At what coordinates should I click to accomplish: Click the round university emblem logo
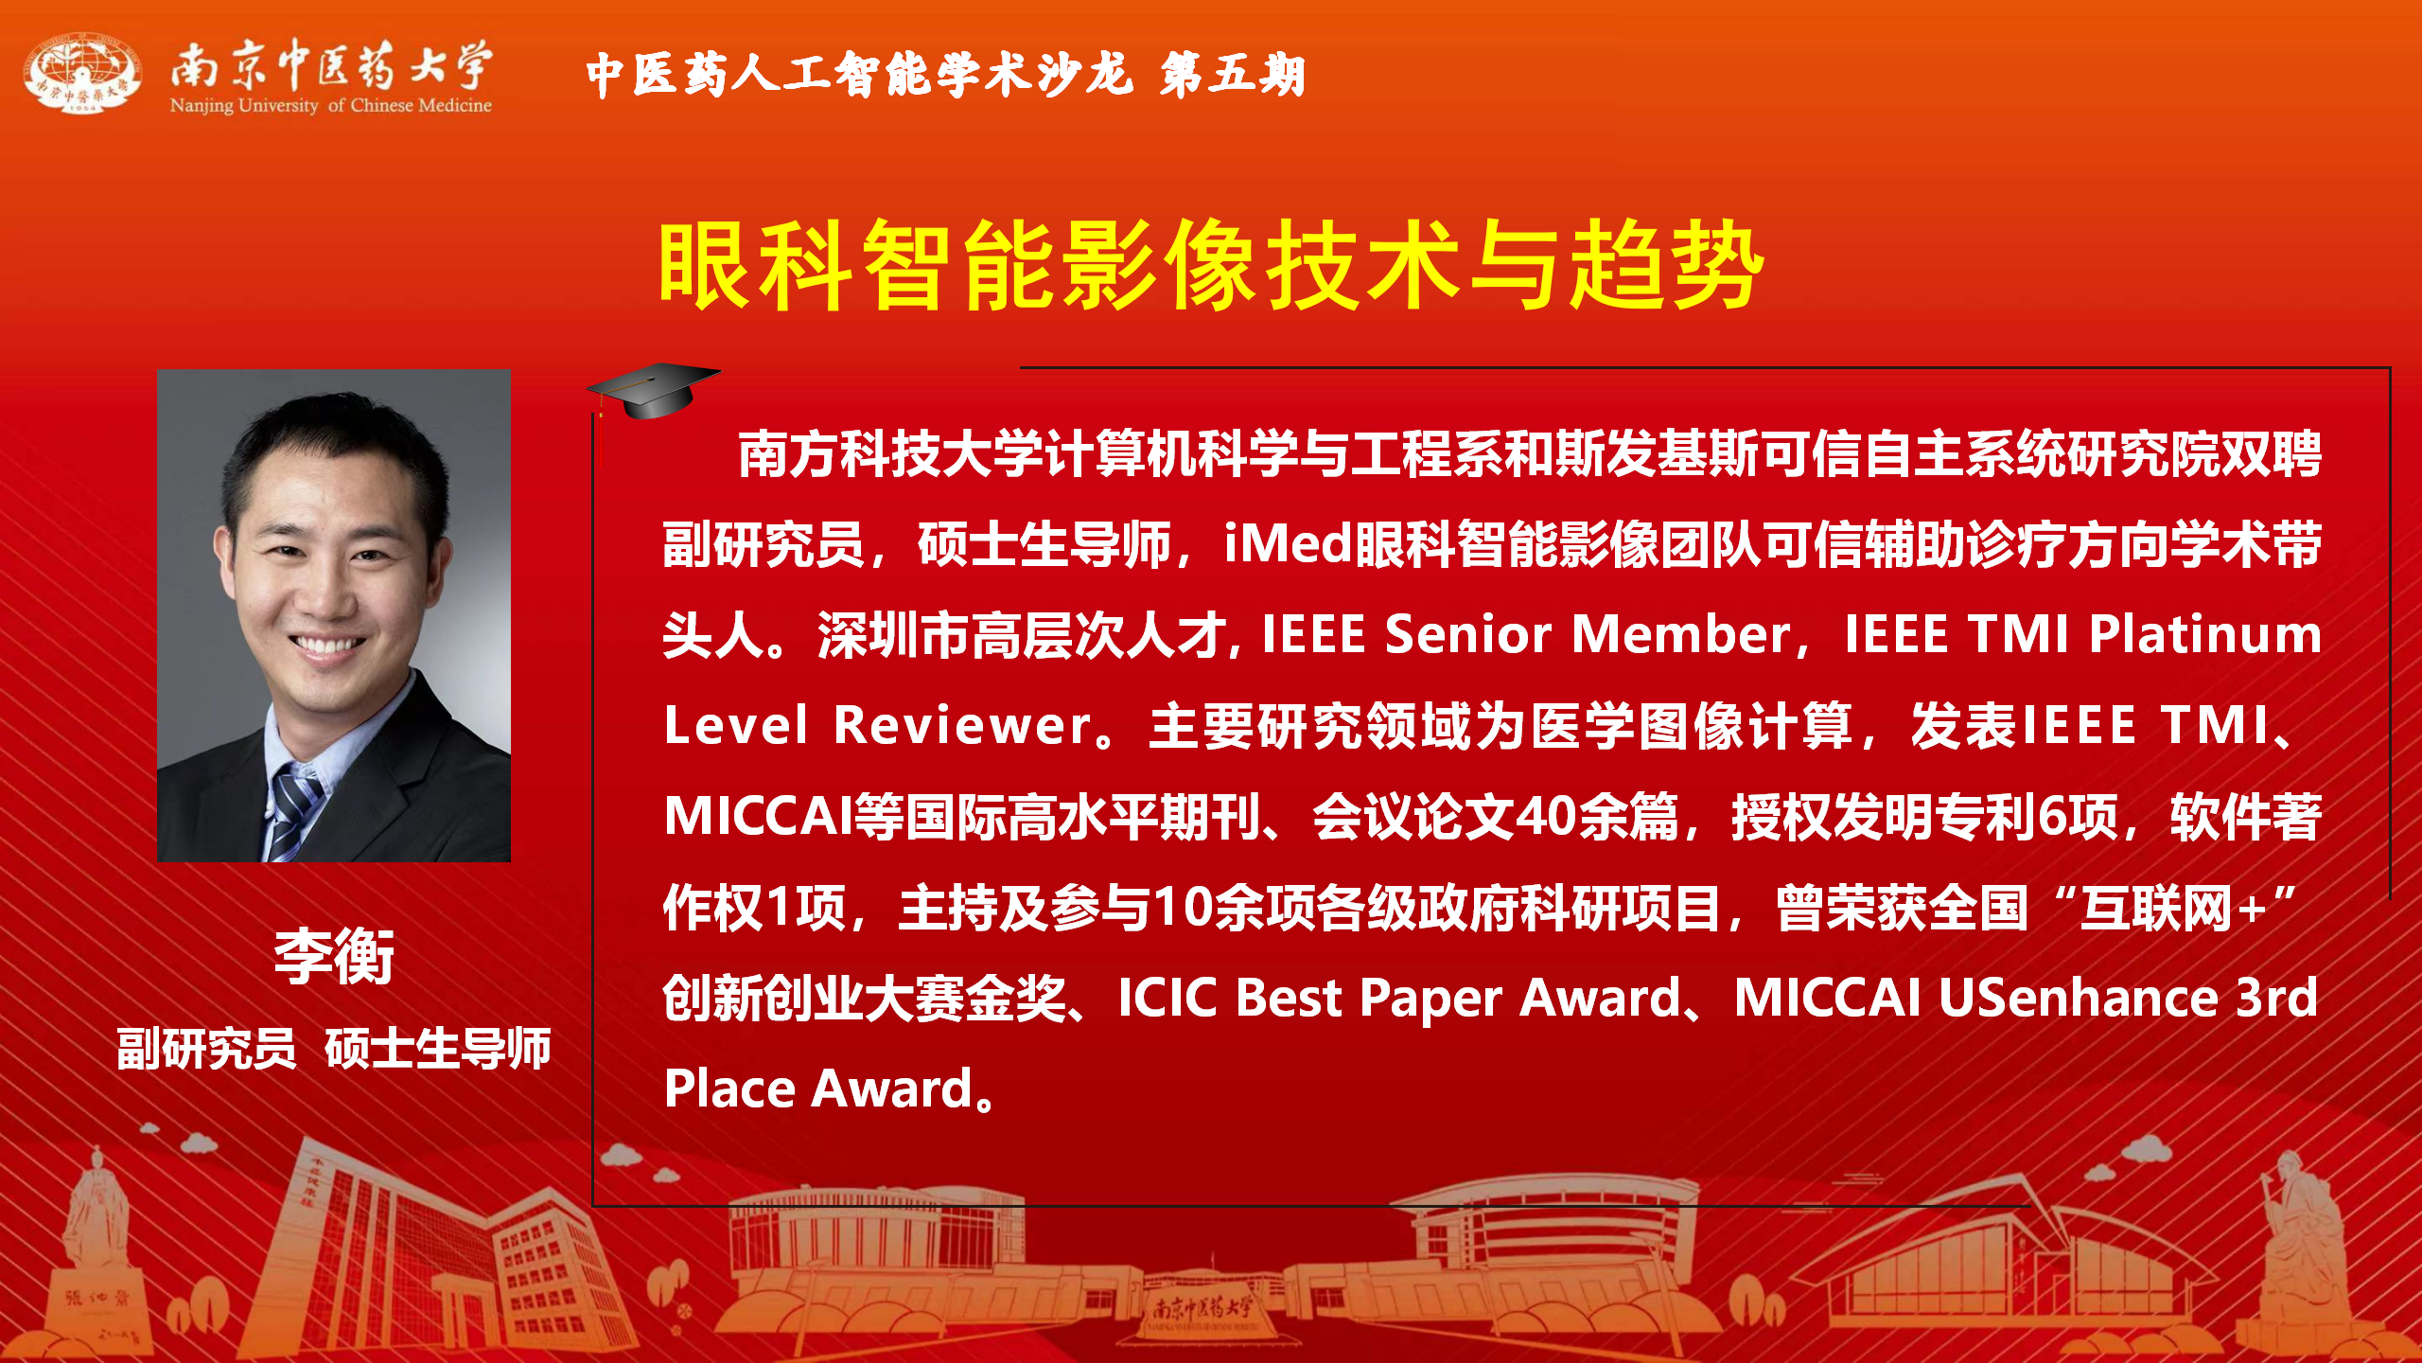coord(83,74)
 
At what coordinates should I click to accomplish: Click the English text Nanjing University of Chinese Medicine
coord(331,105)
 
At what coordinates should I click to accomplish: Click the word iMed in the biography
coord(1289,543)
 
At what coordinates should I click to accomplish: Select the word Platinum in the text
coord(2205,633)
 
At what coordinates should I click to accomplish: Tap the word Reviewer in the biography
coord(963,725)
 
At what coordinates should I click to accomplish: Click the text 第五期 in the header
coord(1233,74)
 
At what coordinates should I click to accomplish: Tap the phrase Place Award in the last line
coord(818,1089)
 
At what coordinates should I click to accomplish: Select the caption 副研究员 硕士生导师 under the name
coord(334,1049)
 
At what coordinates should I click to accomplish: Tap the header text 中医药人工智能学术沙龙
coord(859,74)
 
